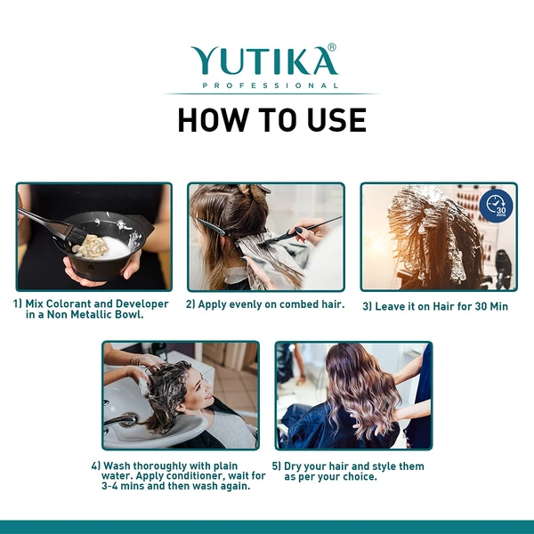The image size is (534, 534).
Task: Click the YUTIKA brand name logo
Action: point(263,61)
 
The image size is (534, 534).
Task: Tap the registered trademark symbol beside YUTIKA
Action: point(332,48)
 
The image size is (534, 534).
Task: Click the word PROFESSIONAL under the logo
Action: point(271,85)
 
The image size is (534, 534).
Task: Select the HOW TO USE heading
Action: point(271,119)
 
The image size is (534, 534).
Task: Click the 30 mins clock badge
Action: point(496,206)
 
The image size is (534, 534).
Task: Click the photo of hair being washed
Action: point(181,394)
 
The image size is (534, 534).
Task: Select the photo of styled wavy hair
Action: point(353,394)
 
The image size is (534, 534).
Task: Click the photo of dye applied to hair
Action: point(265,237)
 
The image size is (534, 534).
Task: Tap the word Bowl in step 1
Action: point(129,314)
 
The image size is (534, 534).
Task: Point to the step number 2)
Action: point(191,304)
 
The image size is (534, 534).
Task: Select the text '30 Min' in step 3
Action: point(488,306)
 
